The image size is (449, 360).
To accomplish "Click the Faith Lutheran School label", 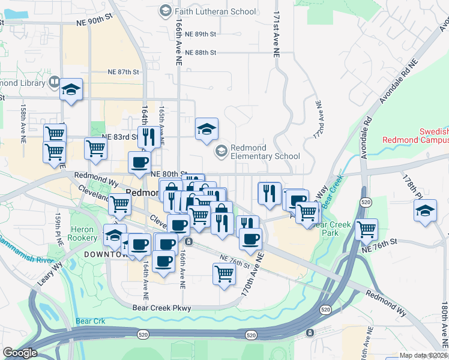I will [x=214, y=11].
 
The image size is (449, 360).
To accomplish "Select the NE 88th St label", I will [x=200, y=53].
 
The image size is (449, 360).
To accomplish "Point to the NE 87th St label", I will [x=124, y=72].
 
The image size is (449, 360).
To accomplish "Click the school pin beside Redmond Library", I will [x=71, y=91].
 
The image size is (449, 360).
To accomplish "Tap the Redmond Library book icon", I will [x=54, y=82].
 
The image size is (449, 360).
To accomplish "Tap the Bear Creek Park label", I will [x=334, y=229].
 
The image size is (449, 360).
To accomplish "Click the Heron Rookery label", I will [x=82, y=234].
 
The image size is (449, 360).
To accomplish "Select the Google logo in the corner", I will [x=20, y=353].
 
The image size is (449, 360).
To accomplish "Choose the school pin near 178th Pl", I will [x=425, y=211].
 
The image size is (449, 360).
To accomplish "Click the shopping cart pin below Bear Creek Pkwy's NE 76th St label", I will [x=224, y=274].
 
